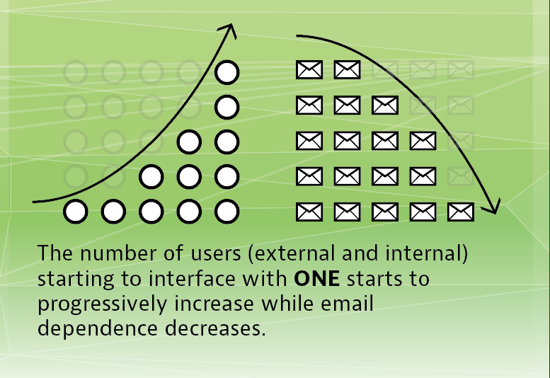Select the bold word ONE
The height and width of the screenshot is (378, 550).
(316, 279)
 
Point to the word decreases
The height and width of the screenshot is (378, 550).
(215, 328)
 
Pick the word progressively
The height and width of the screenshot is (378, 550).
(102, 304)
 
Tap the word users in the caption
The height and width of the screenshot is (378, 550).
(216, 254)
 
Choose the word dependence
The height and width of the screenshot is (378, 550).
(98, 328)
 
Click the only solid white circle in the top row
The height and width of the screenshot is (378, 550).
(227, 72)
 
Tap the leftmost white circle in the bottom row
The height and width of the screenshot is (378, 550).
(76, 212)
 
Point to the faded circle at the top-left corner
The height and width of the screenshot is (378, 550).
(76, 72)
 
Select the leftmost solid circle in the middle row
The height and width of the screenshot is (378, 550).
(189, 142)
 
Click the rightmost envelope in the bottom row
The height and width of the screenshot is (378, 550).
(461, 212)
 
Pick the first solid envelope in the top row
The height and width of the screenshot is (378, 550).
(309, 69)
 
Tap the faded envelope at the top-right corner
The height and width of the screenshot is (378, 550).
(461, 69)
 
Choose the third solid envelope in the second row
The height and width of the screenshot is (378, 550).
(385, 105)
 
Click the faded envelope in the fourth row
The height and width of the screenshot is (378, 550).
(461, 176)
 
